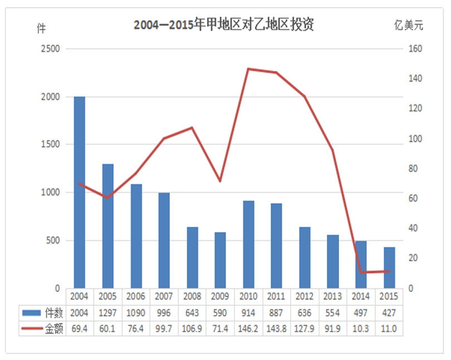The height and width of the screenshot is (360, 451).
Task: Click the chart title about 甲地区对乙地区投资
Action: point(224,25)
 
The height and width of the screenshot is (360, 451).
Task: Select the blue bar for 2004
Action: point(80,192)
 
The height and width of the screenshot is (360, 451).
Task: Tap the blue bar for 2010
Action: point(249,244)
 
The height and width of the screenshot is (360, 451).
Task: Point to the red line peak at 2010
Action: point(248,69)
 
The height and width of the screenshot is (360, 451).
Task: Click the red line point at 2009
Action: point(220,181)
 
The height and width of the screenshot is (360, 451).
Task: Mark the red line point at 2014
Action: point(361,273)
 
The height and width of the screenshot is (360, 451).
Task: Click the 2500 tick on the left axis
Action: point(50,49)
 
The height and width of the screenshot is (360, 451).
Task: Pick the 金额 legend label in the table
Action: point(54,329)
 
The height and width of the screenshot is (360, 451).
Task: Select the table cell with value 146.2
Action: point(248,329)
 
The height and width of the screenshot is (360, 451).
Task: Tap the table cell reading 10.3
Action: point(361,329)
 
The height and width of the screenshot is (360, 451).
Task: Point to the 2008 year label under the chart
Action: point(192,296)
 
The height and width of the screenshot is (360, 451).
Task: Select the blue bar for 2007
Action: point(164,240)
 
